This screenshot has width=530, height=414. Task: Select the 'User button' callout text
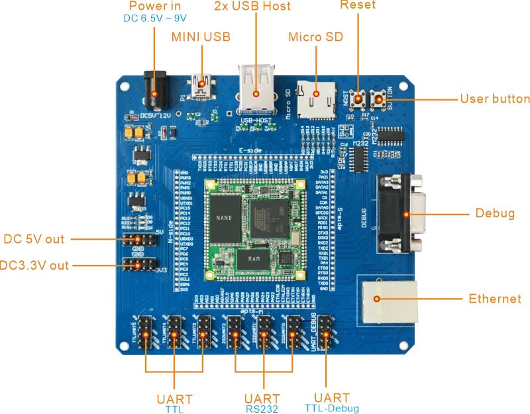[x=494, y=99]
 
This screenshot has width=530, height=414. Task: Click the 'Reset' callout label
[x=358, y=5]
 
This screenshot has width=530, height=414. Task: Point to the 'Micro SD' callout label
[x=315, y=37]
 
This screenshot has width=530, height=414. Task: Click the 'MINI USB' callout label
[x=201, y=37]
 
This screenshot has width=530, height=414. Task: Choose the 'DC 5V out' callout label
[x=34, y=238]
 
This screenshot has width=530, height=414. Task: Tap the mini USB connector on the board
[x=201, y=85]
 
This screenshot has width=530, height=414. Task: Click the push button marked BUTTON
[x=380, y=99]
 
